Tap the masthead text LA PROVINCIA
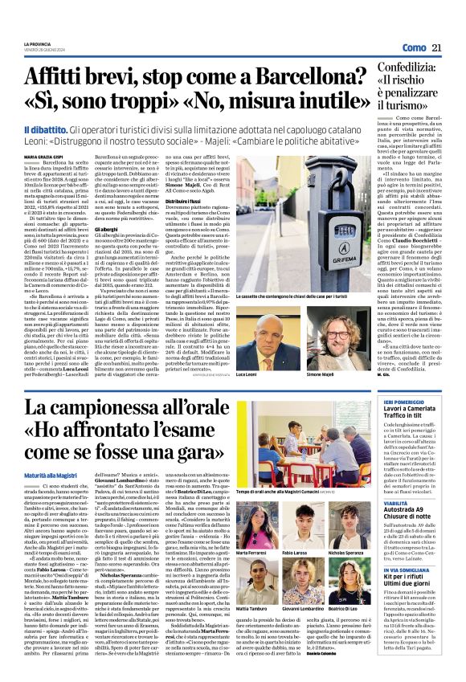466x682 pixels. click(38, 43)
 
